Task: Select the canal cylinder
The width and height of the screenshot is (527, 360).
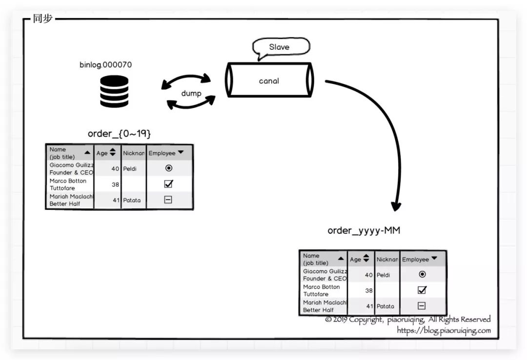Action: click(x=269, y=80)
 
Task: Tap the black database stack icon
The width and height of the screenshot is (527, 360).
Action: click(x=114, y=91)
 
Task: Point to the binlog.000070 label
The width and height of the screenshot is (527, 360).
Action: click(x=106, y=64)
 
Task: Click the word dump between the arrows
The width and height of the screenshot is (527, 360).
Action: click(x=191, y=93)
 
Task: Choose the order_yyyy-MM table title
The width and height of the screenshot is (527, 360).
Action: click(x=364, y=230)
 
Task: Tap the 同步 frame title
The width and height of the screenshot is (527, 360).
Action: click(x=42, y=19)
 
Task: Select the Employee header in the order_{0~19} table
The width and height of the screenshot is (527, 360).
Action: click(x=166, y=153)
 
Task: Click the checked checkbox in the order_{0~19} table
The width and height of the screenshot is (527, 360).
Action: click(x=168, y=184)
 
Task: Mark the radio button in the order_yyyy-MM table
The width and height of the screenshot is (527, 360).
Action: click(x=422, y=275)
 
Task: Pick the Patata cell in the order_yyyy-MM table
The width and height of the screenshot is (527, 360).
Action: click(x=385, y=306)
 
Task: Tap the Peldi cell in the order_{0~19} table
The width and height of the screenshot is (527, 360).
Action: click(x=130, y=169)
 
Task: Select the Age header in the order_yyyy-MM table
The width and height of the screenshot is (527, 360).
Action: click(x=360, y=259)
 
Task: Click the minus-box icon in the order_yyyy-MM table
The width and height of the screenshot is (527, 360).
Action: click(x=422, y=306)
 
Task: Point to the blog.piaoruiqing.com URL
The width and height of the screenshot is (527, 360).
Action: click(x=444, y=330)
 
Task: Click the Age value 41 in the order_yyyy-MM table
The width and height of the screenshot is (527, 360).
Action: click(x=369, y=306)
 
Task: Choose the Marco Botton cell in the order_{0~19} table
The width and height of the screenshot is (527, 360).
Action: click(x=68, y=184)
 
